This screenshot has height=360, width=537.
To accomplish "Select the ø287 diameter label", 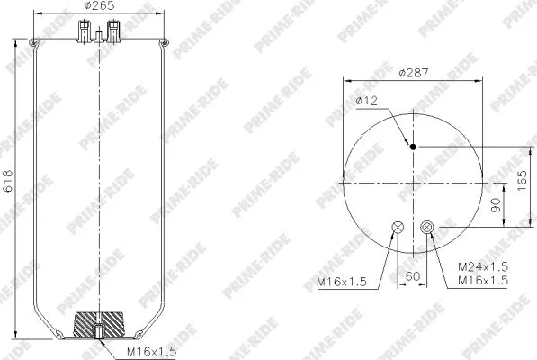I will (414, 71).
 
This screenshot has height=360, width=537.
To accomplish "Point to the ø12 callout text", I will (367, 102).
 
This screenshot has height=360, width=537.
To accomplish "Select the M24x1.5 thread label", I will (482, 267).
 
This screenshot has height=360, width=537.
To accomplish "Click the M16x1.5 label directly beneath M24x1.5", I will (482, 281).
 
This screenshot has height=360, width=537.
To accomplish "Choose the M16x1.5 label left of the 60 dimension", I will (342, 282).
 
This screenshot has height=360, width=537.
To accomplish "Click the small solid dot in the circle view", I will (413, 148).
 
